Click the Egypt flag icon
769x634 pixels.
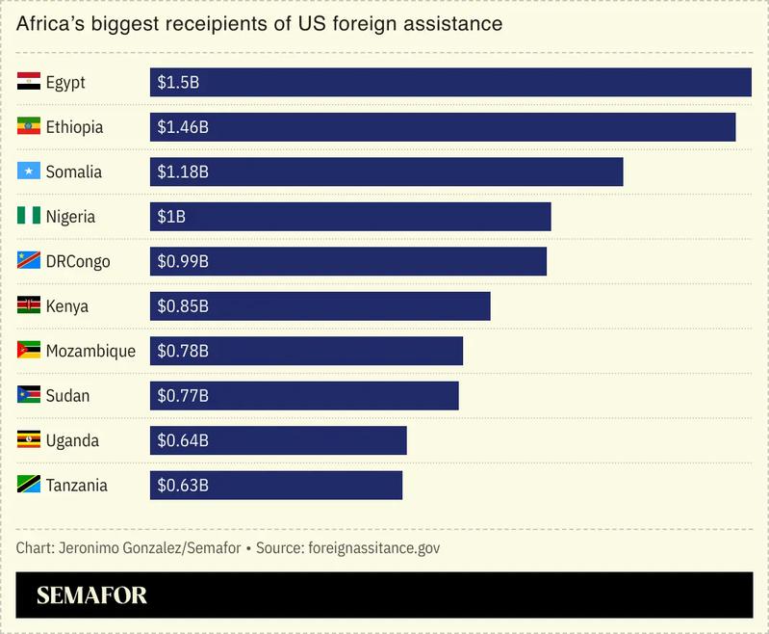[29, 82]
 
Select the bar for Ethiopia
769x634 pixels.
[443, 127]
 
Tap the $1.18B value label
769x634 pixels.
[183, 172]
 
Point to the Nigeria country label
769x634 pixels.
[70, 217]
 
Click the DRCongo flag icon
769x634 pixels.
[29, 261]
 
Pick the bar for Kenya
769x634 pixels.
[320, 306]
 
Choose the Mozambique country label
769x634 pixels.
[90, 351]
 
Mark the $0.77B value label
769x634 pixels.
[183, 396]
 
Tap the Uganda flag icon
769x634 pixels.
[29, 440]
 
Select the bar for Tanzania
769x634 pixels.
[276, 486]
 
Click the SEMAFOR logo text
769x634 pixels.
[91, 596]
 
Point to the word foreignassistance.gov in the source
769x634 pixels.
[372, 548]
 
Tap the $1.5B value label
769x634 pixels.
[178, 83]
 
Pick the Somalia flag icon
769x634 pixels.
[29, 172]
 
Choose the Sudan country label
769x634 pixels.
[67, 396]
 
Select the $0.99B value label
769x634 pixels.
[183, 262]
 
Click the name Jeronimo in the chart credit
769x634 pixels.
[89, 548]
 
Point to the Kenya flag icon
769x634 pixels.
[29, 306]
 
